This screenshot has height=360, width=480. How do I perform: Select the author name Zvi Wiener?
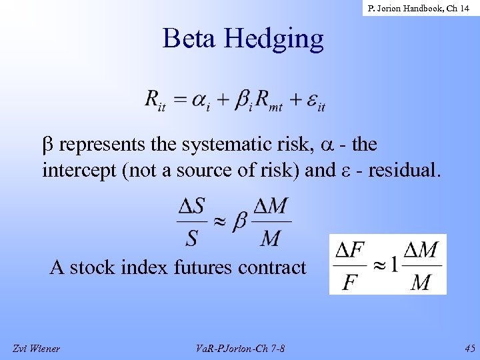pyautogui.click(x=36, y=347)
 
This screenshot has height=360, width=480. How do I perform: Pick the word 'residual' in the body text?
pyautogui.click(x=405, y=170)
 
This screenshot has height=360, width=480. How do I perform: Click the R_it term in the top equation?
pyautogui.click(x=155, y=101)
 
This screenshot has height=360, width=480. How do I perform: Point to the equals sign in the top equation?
pyautogui.click(x=181, y=100)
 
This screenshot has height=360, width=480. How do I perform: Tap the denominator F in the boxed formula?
pyautogui.click(x=349, y=282)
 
